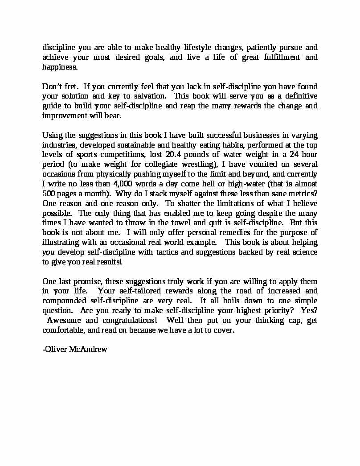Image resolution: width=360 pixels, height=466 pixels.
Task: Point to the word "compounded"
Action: [64, 301]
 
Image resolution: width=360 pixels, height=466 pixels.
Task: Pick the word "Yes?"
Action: [309, 311]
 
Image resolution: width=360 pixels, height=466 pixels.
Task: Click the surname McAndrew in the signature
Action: [88, 349]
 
